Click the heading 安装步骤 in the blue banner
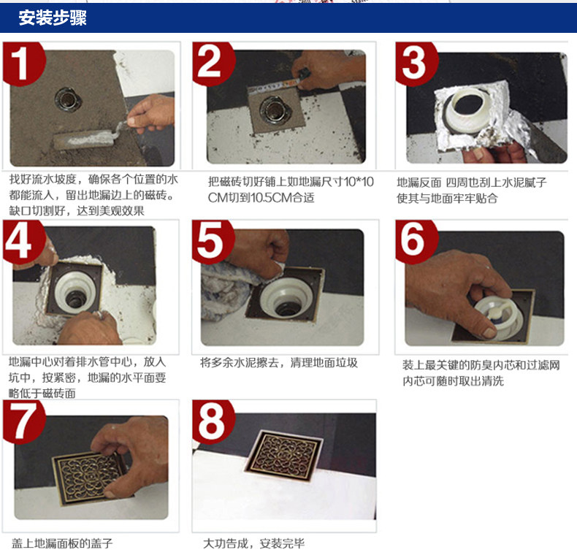pos(53,18)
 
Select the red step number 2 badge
pos(213,64)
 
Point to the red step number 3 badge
pos(416,64)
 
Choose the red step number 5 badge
pos(213,242)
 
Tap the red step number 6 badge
pos(416,242)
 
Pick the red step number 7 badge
pos(23,421)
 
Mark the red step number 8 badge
pos(213,421)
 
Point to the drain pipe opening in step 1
pos(68,99)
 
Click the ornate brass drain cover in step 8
pos(284,455)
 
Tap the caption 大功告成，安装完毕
pos(254,543)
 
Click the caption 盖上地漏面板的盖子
pos(62,543)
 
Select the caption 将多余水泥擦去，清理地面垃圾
pos(279,363)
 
